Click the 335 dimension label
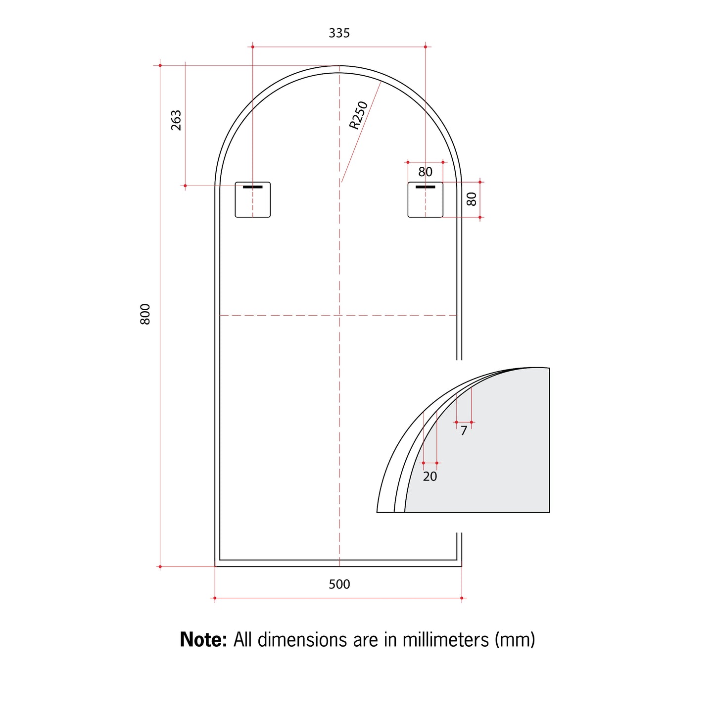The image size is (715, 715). pos(339,33)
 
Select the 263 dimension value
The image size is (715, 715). pos(176,120)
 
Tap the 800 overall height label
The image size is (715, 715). pos(145,314)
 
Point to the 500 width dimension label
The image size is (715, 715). pos(339,584)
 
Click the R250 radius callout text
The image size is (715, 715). pos(359,115)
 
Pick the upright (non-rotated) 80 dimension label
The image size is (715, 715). pos(425,172)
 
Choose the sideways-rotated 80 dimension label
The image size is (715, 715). pos(472,199)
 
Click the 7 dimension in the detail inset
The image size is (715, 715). pos(464,431)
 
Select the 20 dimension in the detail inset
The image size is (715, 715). pos(430,477)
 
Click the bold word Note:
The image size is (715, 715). pos(203,640)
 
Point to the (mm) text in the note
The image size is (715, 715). pos(515,640)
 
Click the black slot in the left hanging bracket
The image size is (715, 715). pos(252,187)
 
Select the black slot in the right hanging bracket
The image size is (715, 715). pos(425,187)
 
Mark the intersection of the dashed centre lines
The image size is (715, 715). pos(339,315)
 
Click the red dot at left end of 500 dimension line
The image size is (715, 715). pos(215,598)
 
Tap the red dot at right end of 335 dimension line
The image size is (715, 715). pos(426,47)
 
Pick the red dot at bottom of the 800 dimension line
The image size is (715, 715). pos(160,567)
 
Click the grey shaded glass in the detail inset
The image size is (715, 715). pos(495,455)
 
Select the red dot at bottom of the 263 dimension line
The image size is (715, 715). pos(185,186)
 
